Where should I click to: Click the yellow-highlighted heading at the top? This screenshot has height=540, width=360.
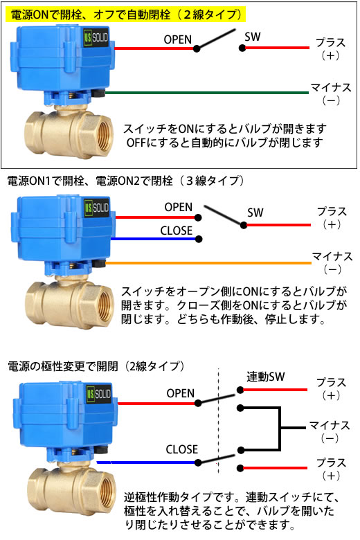tap(126, 15)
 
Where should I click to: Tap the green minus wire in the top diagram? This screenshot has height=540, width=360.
tap(207, 93)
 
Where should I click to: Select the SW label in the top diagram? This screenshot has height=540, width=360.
tap(253, 37)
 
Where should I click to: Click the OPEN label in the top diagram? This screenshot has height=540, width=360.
tap(177, 39)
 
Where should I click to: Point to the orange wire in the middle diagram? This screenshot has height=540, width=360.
tap(208, 263)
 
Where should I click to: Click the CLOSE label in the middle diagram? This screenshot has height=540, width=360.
tap(177, 231)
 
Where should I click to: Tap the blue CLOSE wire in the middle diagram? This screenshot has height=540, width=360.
tap(154, 239)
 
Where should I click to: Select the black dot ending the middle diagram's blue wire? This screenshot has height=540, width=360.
tap(199, 239)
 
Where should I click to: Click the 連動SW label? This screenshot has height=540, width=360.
tap(266, 377)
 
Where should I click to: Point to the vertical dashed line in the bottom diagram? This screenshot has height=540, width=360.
tap(218, 421)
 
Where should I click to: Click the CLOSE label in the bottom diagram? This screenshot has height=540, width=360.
tap(182, 449)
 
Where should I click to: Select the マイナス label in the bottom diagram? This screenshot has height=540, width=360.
tap(330, 426)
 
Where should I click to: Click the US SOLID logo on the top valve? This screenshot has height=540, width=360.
tap(96, 37)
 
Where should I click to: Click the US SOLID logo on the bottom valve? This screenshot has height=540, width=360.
tap(99, 394)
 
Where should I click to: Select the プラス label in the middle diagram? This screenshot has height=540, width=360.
tap(332, 211)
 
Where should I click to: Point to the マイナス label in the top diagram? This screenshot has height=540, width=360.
tap(331, 87)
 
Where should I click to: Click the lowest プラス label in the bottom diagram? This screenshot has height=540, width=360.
tap(331, 462)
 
